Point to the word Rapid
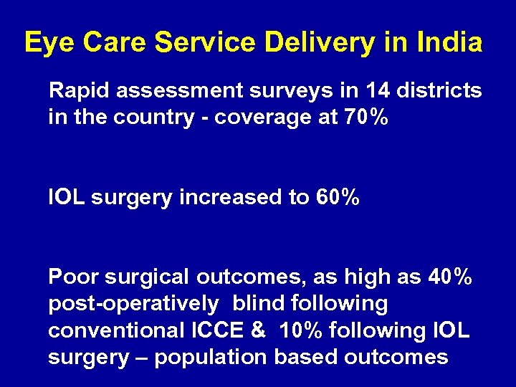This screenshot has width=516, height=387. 77,91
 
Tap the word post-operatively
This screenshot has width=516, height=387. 133,304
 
